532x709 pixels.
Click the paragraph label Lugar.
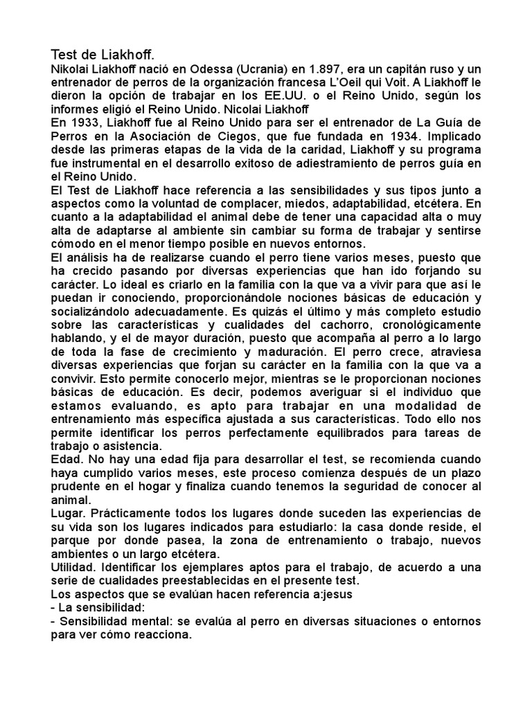coord(68,514)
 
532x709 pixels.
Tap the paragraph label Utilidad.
coord(76,568)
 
